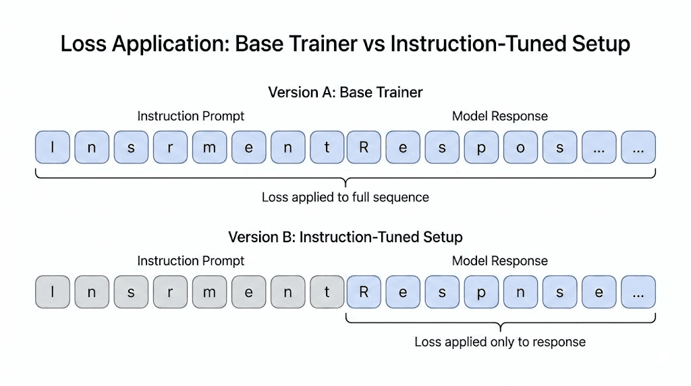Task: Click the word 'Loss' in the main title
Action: (84, 44)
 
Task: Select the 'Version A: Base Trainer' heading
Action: (345, 92)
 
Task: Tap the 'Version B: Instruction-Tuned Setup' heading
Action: (345, 237)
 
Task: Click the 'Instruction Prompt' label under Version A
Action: (191, 116)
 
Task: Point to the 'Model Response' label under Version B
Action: (499, 260)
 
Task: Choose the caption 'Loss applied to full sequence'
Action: (345, 198)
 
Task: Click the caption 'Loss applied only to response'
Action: (499, 342)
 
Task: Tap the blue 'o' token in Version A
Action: (520, 148)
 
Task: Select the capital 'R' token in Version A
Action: (364, 148)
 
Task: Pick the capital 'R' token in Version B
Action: (364, 292)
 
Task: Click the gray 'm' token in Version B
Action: (209, 292)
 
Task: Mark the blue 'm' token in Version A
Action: (209, 148)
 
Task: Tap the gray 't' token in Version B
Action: (327, 292)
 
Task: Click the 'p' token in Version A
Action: (481, 148)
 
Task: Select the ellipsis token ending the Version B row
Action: (638, 292)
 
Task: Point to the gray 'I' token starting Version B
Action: (53, 292)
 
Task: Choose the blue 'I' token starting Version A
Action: (53, 148)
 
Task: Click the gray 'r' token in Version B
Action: (170, 292)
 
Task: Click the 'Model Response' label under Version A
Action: (499, 116)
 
